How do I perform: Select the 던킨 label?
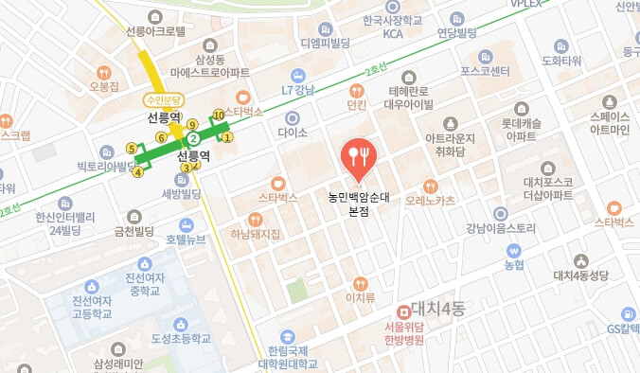[x=357, y=105]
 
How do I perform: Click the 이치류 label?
[x=360, y=296]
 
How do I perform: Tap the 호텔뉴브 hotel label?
[x=186, y=239]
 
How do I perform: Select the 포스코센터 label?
[x=485, y=70]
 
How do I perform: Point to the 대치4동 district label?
[x=434, y=310]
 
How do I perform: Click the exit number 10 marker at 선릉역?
[x=219, y=115]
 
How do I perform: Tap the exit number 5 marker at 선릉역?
[x=131, y=149]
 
